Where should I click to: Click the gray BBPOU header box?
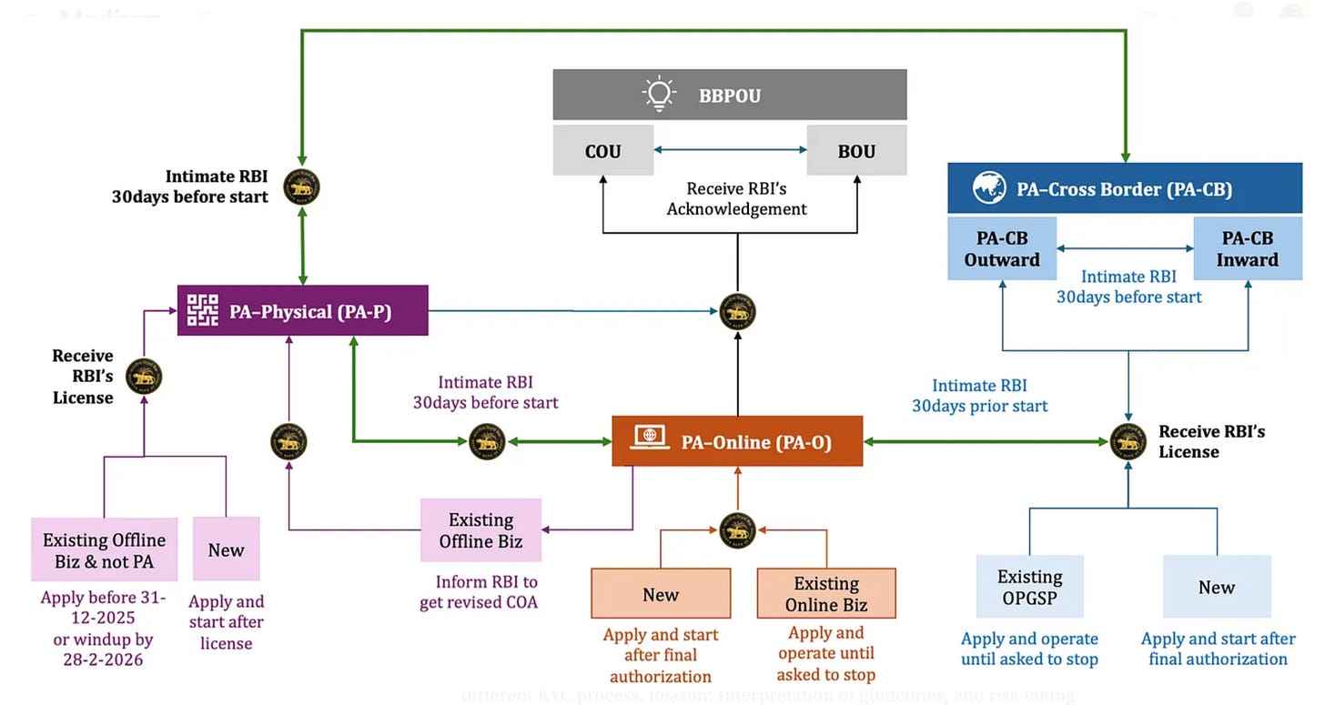[730, 95]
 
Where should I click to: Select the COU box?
[603, 151]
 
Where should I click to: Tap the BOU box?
[856, 151]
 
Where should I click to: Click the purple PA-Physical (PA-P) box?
[302, 311]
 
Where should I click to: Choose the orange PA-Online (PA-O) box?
[737, 441]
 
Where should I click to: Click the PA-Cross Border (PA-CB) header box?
[1124, 189]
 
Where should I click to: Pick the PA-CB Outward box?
[1002, 248]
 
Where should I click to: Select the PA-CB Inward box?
[1248, 248]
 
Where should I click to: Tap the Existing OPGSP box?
[1029, 587]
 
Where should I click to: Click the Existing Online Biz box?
[826, 593]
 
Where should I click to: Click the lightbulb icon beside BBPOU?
[658, 95]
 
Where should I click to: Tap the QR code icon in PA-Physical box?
[203, 311]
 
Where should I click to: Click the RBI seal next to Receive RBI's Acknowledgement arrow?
[737, 312]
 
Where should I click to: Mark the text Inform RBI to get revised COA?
[479, 591]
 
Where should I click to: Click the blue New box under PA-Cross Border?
[1216, 587]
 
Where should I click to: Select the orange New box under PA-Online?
[661, 593]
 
